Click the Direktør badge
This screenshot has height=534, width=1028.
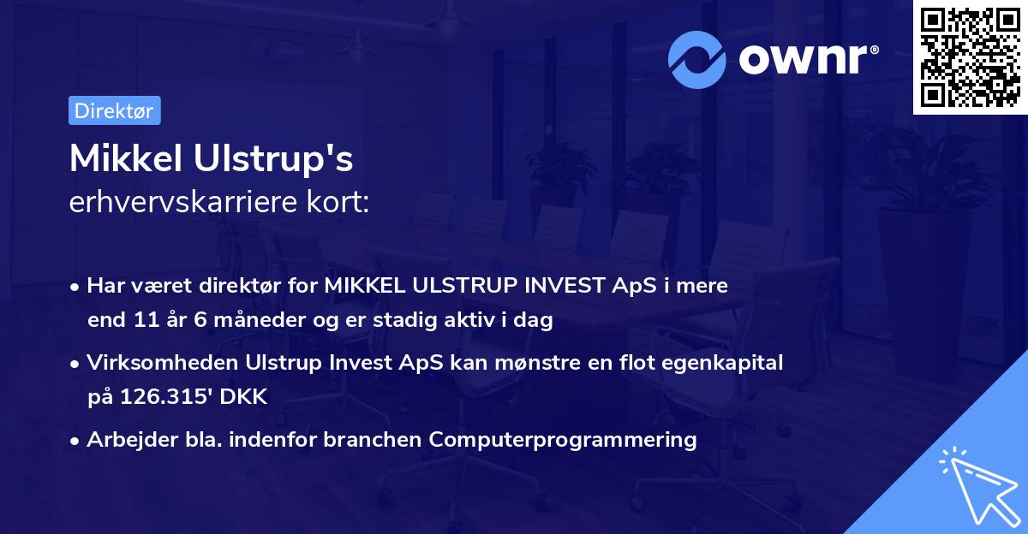click(114, 110)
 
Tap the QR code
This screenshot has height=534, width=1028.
click(969, 57)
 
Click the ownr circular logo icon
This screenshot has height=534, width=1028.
click(697, 59)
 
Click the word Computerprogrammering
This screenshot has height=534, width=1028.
click(563, 440)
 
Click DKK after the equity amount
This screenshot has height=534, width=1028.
click(247, 397)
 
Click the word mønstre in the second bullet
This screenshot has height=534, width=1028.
click(537, 363)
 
